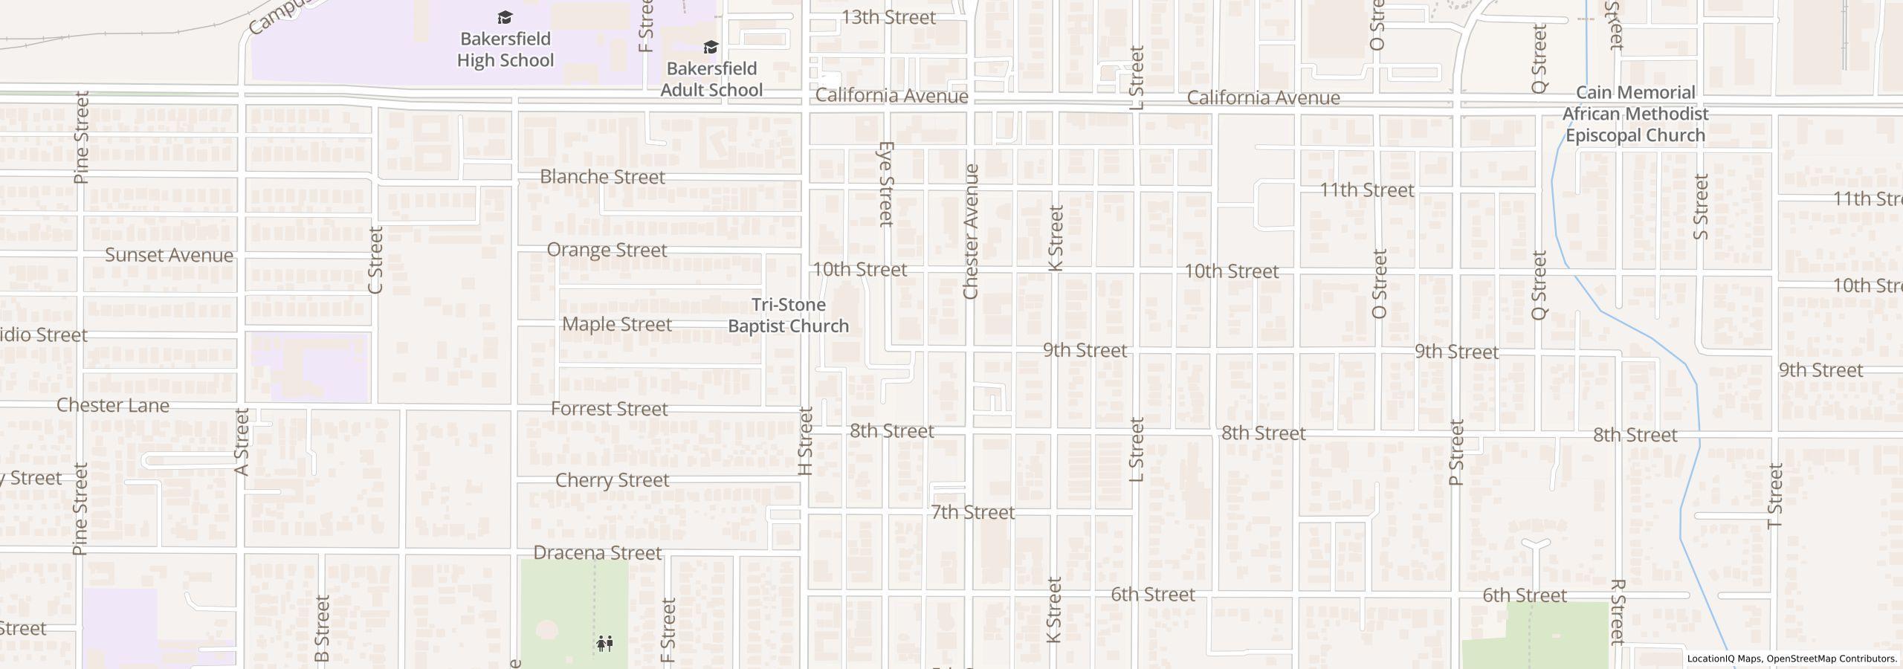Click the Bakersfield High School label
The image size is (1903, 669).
(x=505, y=49)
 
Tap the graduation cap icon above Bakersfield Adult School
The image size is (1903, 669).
(x=711, y=48)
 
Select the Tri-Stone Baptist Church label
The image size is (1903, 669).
(x=788, y=315)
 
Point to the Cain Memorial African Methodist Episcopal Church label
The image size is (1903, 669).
(x=1635, y=114)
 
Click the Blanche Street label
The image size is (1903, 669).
(x=602, y=177)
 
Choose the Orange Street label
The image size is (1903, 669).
(x=607, y=250)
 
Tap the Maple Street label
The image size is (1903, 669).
(x=617, y=324)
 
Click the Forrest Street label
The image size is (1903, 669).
(x=609, y=409)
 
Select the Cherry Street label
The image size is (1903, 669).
(x=612, y=480)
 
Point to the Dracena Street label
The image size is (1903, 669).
(x=597, y=553)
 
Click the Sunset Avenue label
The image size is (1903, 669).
(x=169, y=255)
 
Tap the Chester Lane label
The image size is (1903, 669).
(x=113, y=405)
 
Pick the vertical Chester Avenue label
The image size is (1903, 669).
(x=970, y=232)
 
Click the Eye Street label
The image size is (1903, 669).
(x=885, y=184)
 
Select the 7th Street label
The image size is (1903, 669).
(x=972, y=512)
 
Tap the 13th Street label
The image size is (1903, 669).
(x=888, y=17)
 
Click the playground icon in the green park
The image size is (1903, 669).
(x=604, y=643)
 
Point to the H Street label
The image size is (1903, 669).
(x=805, y=441)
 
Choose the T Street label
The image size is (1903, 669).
(x=1775, y=495)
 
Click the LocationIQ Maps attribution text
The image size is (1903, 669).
(x=1725, y=659)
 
